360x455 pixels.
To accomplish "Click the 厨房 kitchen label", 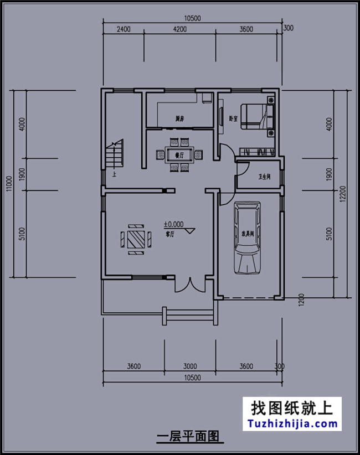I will tap(179, 118).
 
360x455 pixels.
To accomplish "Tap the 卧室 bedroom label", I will tap(233, 118).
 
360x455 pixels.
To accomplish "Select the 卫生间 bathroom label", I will tap(264, 178).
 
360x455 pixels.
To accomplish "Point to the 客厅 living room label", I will tap(170, 234).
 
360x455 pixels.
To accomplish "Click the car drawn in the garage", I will tap(246, 238).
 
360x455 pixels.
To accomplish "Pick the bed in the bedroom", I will tap(256, 117).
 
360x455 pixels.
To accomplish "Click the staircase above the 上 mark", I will tap(115, 154).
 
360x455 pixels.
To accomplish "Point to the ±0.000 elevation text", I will tap(173, 224).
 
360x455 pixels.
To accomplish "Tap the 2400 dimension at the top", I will tap(123, 29).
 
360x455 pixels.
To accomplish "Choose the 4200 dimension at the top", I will tap(179, 29).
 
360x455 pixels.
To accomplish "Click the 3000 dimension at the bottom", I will tap(190, 366).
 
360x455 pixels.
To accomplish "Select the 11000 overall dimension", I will tap(8, 184).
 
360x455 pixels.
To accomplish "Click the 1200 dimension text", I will tap(302, 302).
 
